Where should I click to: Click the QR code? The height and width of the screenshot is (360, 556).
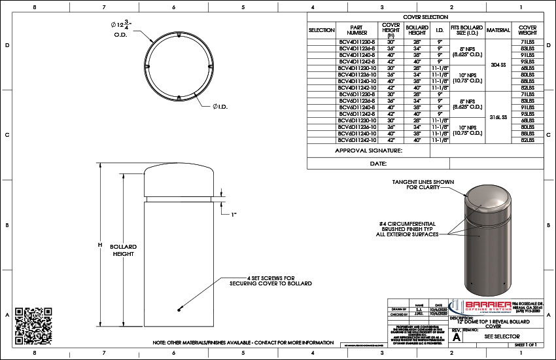[x=33, y=321]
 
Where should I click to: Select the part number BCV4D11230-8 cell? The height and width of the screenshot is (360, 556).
[x=357, y=42]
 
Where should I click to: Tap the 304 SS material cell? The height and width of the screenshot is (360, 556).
[x=498, y=65]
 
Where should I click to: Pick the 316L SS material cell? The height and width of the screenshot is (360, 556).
[x=498, y=117]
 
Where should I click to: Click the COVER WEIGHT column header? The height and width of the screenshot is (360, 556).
[x=527, y=30]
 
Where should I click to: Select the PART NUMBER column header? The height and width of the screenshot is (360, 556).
[x=357, y=30]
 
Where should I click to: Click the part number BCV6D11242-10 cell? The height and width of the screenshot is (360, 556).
[x=357, y=140]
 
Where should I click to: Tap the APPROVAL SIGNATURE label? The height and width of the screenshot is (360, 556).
[x=369, y=151]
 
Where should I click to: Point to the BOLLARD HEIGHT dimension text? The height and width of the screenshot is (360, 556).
[x=123, y=250]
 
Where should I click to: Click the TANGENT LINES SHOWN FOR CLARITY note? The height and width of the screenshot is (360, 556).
[x=423, y=184]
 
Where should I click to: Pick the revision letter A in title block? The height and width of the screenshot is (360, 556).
[x=456, y=336]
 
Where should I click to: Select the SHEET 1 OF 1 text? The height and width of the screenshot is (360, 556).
[x=525, y=344]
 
